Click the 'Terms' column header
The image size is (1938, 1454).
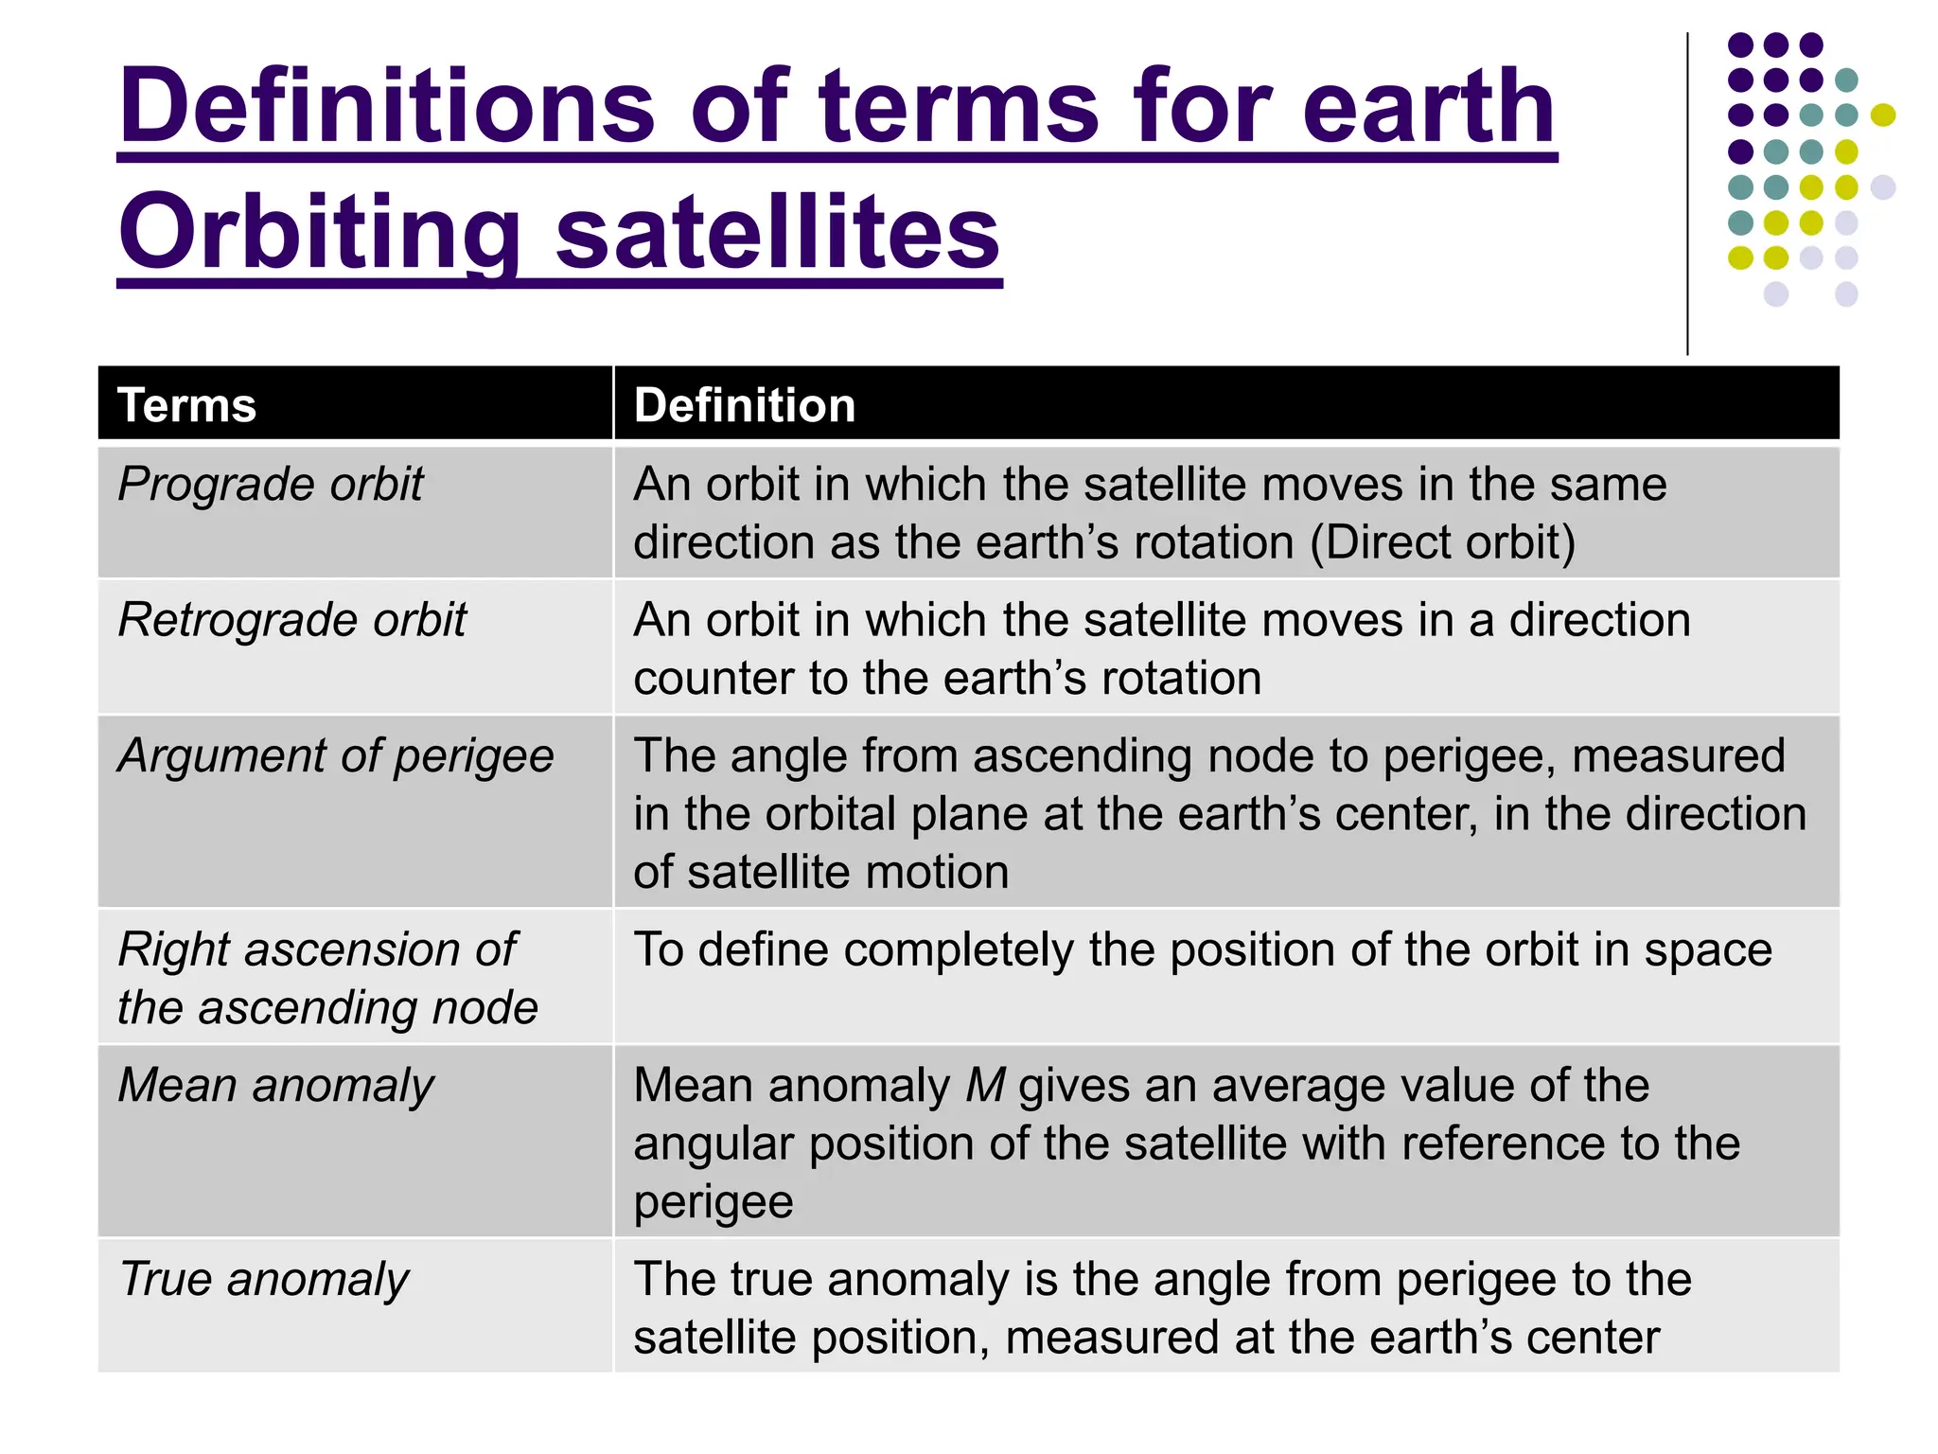tap(186, 405)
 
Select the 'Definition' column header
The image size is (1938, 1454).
tap(744, 405)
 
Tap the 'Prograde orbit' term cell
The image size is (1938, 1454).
tap(271, 485)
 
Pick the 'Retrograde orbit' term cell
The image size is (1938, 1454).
tap(292, 620)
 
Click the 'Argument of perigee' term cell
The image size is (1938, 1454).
tap(335, 756)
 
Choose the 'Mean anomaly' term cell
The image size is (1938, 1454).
tap(276, 1086)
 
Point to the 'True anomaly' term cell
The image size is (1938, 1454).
tap(264, 1280)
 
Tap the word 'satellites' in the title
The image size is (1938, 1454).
tap(777, 233)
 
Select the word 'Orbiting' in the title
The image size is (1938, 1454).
tap(320, 233)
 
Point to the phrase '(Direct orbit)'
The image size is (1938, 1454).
tap(1443, 543)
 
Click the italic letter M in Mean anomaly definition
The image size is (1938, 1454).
tap(985, 1086)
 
